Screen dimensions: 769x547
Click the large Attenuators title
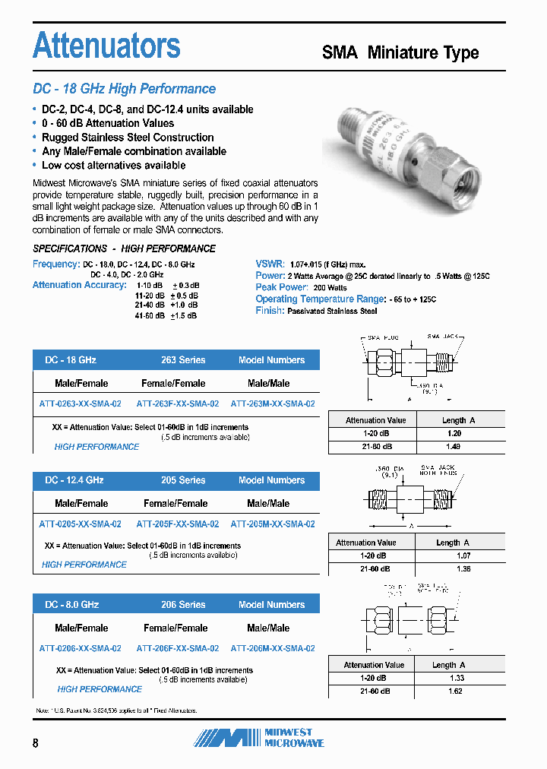pyautogui.click(x=107, y=46)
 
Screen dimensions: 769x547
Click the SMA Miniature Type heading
pyautogui.click(x=400, y=52)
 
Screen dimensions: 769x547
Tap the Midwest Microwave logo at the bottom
pyautogui.click(x=258, y=737)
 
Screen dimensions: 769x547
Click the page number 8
pyautogui.click(x=36, y=743)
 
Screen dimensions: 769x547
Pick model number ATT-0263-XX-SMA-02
pyautogui.click(x=80, y=404)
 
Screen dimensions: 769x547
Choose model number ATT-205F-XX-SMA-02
pyautogui.click(x=178, y=524)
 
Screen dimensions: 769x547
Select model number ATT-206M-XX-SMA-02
pyautogui.click(x=273, y=648)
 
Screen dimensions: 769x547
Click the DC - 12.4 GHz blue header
pyautogui.click(x=74, y=480)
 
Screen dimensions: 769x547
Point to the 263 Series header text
pyautogui.click(x=183, y=360)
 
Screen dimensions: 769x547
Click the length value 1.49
pyautogui.click(x=454, y=447)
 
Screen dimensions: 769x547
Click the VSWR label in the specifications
pyautogui.click(x=269, y=264)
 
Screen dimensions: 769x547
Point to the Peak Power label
pyautogui.click(x=282, y=287)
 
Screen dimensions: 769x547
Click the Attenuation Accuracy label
pyautogui.click(x=79, y=285)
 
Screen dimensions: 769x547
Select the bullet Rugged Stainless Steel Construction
pyautogui.click(x=128, y=138)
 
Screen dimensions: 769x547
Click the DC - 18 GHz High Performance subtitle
pyautogui.click(x=124, y=89)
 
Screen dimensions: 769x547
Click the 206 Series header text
pyautogui.click(x=183, y=605)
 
